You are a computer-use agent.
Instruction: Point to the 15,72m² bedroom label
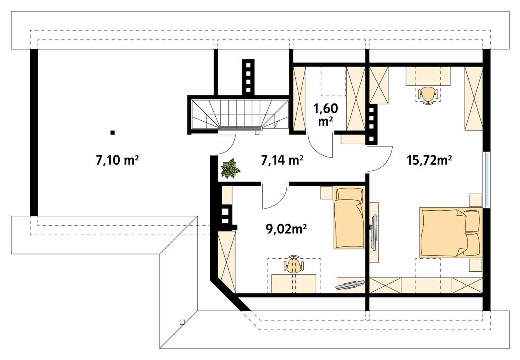428,160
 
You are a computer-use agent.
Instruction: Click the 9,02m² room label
286,229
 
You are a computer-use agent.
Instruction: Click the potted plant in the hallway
230,169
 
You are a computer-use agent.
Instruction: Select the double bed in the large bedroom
445,232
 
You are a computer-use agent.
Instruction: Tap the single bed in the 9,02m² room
349,218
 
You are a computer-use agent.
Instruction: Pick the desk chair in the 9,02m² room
294,265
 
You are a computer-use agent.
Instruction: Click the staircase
239,114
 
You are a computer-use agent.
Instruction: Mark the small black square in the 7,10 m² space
112,132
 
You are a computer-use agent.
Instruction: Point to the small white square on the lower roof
182,322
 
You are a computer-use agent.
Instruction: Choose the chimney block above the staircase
248,76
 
